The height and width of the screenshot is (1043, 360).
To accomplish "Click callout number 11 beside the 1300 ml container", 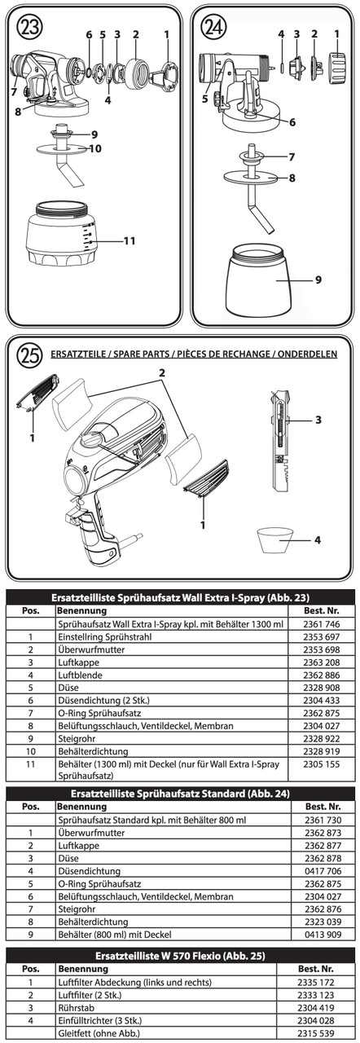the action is coord(129,240).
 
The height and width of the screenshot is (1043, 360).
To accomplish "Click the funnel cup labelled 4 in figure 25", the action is coord(274,540).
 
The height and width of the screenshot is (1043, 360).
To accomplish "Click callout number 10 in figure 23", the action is coord(95,148).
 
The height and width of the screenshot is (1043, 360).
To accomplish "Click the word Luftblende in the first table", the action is coord(80,676).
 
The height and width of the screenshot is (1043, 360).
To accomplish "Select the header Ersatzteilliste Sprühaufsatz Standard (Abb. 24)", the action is coord(181,794).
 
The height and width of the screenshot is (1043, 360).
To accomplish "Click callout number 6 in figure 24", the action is coord(292,122).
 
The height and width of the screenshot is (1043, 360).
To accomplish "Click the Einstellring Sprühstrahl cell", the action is coord(104,637).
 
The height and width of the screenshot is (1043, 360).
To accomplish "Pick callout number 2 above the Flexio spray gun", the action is coord(162,372).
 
